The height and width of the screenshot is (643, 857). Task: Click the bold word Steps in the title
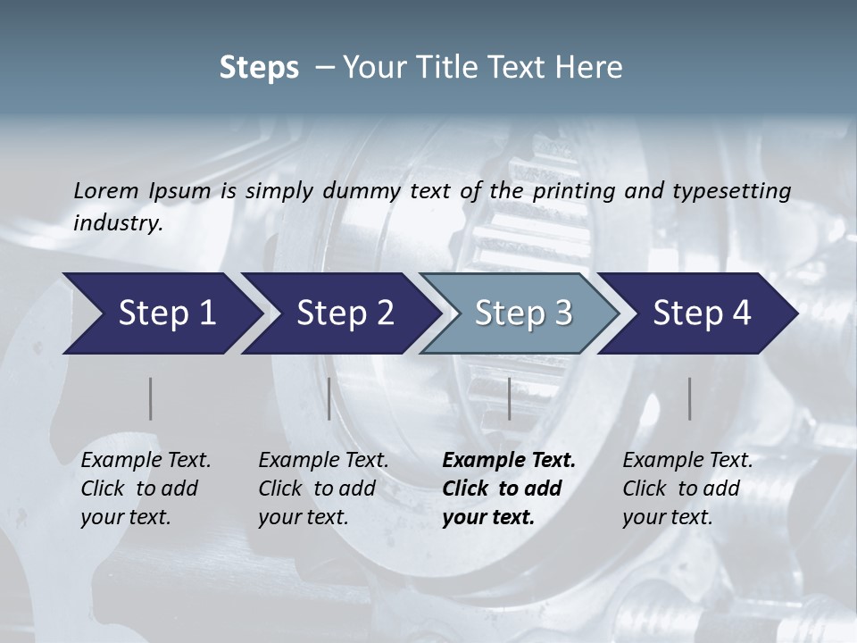click(259, 68)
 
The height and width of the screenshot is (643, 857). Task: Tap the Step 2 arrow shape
click(339, 313)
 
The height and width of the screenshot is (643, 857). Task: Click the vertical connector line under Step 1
click(150, 398)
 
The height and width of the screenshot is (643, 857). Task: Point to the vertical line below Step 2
click(329, 398)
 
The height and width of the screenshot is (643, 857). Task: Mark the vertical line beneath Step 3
click(509, 398)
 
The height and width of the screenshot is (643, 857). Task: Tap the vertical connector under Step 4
click(690, 398)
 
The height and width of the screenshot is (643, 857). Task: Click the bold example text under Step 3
click(509, 489)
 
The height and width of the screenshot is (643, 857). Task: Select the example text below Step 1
click(146, 489)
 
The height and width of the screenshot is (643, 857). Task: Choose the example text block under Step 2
click(323, 489)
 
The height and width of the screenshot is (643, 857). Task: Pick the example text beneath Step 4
click(687, 489)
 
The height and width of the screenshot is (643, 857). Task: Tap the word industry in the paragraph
click(117, 222)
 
